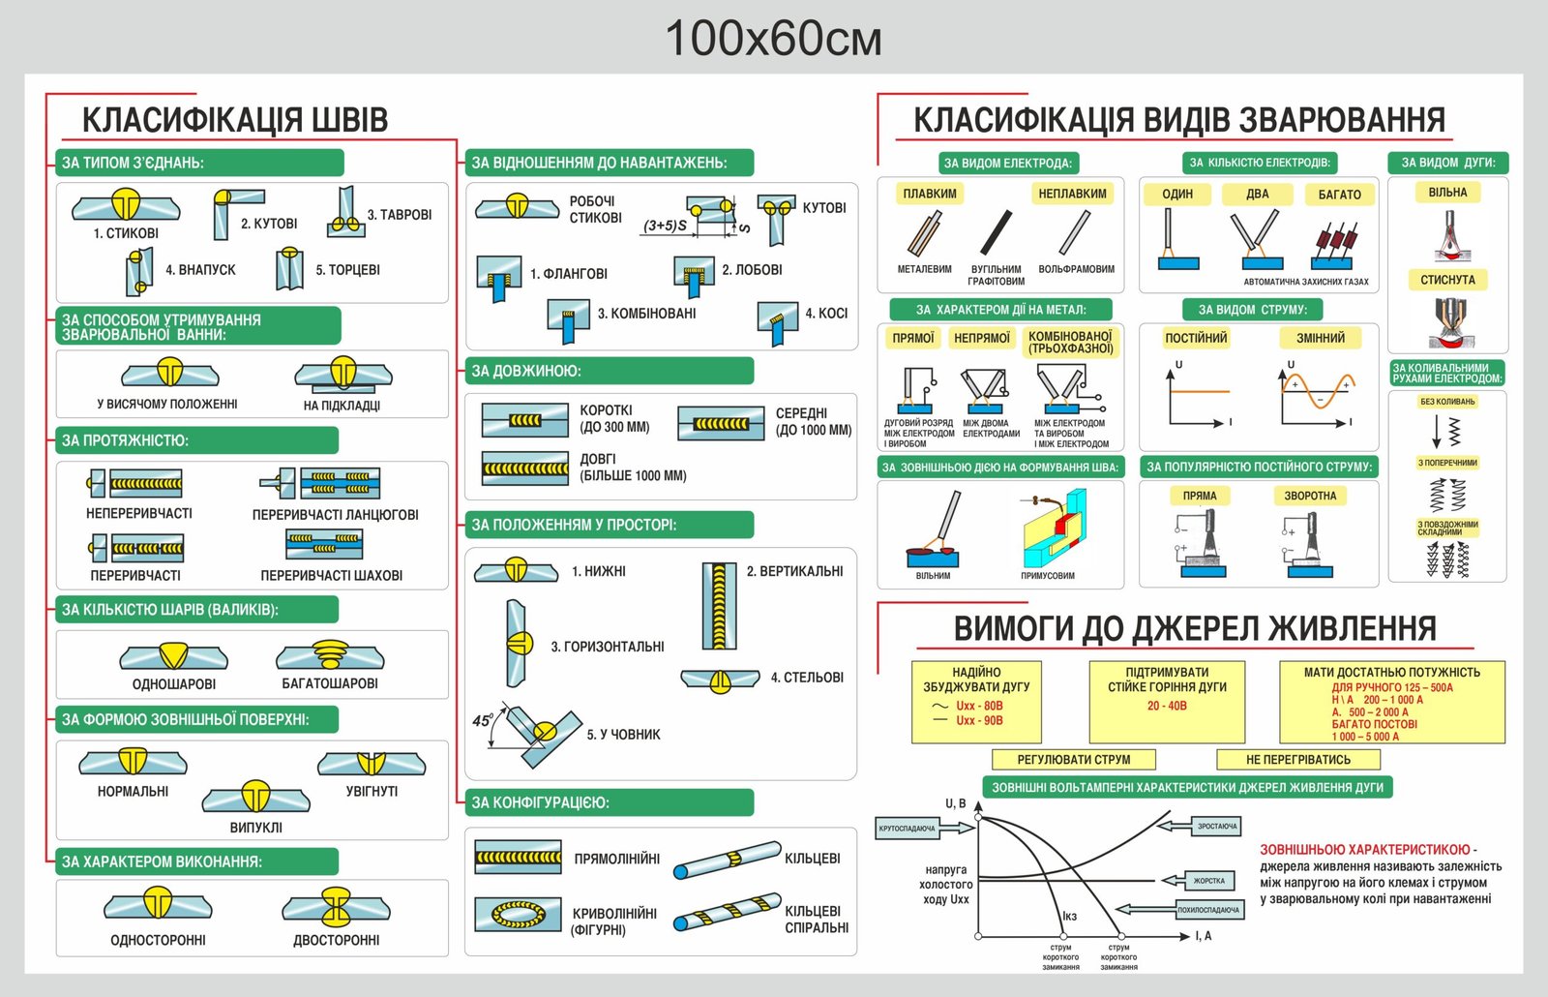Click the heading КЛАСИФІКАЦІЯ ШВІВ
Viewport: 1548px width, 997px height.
[234, 120]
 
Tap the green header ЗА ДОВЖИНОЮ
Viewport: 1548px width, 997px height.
[525, 371]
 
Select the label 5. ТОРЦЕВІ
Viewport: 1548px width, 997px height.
[347, 270]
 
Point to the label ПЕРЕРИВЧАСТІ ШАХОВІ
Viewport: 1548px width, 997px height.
[331, 575]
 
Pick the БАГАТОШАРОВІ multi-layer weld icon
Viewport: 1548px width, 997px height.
[330, 654]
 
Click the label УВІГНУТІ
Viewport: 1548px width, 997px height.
[372, 791]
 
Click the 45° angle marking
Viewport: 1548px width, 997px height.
[482, 721]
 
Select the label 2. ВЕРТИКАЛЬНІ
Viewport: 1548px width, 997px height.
[794, 571]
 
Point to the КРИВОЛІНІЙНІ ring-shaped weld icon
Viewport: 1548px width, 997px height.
[518, 913]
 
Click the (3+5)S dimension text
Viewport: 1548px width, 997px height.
[665, 226]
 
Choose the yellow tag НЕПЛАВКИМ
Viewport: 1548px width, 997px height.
[1072, 194]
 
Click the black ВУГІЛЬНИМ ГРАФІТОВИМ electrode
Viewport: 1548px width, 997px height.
[996, 232]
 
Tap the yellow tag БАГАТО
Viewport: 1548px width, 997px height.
[1339, 195]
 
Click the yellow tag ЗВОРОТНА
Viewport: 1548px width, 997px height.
[1310, 496]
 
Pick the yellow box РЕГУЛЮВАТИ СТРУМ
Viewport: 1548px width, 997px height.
[1073, 760]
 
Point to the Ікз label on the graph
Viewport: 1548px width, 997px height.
[1069, 916]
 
